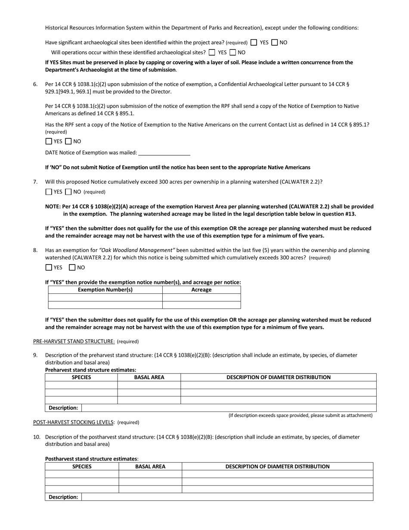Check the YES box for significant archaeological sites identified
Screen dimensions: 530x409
point(254,43)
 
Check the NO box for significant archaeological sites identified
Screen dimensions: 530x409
point(275,43)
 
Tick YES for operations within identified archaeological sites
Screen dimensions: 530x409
point(212,53)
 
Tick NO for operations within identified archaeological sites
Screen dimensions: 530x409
point(233,53)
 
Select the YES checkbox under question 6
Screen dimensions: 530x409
point(49,141)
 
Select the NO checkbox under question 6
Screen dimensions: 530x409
point(68,141)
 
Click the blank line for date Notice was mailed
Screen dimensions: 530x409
point(164,153)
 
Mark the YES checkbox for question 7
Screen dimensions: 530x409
point(49,192)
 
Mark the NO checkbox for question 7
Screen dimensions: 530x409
point(68,192)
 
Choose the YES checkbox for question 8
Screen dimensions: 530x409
point(49,268)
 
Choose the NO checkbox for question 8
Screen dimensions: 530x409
point(72,268)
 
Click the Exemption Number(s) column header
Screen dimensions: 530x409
point(105,290)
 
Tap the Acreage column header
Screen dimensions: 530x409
point(201,290)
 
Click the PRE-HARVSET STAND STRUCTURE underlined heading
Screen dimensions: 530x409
point(74,342)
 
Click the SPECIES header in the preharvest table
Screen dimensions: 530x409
point(81,377)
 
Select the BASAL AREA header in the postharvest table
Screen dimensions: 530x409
point(150,467)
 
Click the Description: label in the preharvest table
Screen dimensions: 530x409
point(63,408)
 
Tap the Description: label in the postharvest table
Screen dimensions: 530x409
point(63,497)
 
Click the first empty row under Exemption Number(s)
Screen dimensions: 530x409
point(105,298)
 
